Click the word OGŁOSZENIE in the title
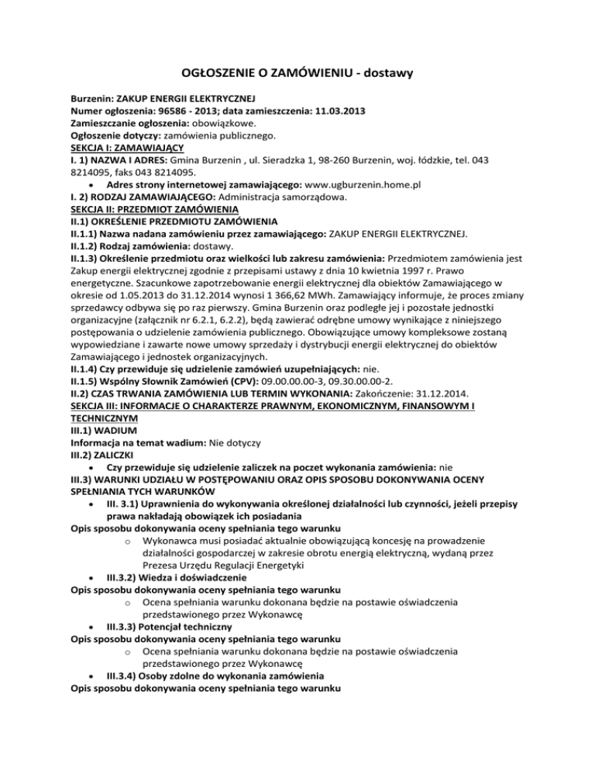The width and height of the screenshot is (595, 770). (x=221, y=74)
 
